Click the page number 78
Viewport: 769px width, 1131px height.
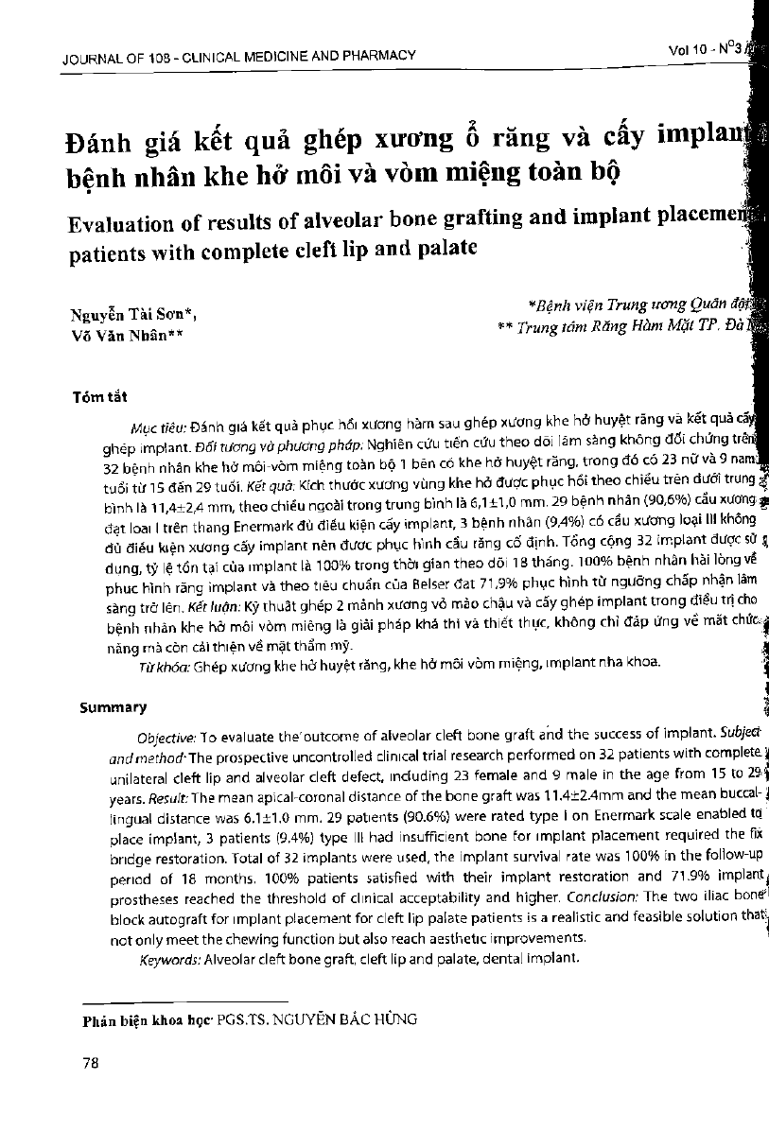pos(92,1063)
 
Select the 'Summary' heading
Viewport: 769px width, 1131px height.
pos(113,706)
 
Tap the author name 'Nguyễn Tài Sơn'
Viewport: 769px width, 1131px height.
pos(131,314)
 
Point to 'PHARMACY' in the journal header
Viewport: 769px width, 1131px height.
pos(378,56)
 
